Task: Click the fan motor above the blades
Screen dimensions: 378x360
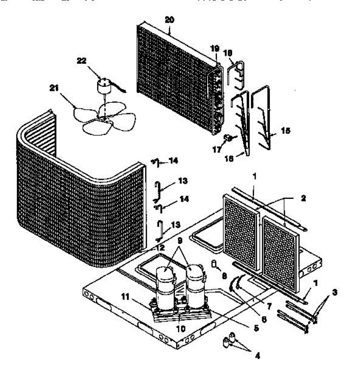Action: (x=103, y=86)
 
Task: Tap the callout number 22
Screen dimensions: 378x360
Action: (x=82, y=61)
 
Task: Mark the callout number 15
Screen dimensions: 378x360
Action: (x=286, y=130)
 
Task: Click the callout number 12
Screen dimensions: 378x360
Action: (x=160, y=248)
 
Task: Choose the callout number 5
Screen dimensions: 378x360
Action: (x=255, y=328)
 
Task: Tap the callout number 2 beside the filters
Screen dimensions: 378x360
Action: (x=303, y=198)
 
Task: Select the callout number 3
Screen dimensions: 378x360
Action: (x=335, y=293)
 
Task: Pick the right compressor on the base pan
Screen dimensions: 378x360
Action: (x=196, y=285)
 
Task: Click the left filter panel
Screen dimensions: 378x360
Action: (x=241, y=230)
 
